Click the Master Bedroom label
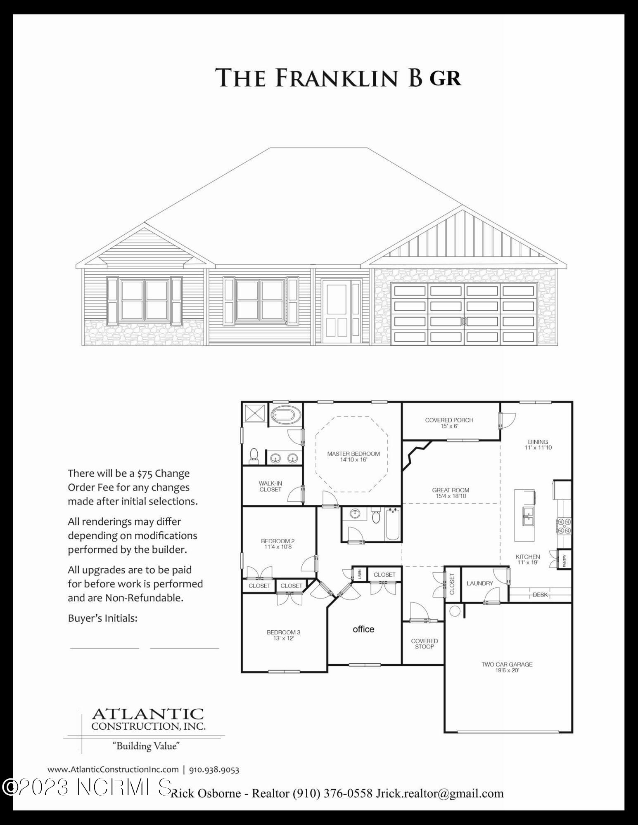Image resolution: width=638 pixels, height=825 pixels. pyautogui.click(x=353, y=456)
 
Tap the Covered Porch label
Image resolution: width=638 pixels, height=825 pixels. pyautogui.click(x=449, y=423)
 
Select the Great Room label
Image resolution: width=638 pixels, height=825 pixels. pyautogui.click(x=451, y=493)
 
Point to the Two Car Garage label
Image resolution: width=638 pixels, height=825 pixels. pyautogui.click(x=507, y=667)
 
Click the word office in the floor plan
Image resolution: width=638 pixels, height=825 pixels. pyautogui.click(x=363, y=629)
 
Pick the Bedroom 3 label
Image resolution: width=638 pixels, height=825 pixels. pyautogui.click(x=283, y=635)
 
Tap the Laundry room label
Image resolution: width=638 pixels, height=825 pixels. pyautogui.click(x=480, y=583)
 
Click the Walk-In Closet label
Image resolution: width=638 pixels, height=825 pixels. pyautogui.click(x=270, y=486)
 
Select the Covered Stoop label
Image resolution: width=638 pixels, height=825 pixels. pyautogui.click(x=424, y=643)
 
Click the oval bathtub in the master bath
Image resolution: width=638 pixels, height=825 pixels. pyautogui.click(x=287, y=414)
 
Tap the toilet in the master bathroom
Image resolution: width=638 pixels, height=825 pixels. pyautogui.click(x=254, y=455)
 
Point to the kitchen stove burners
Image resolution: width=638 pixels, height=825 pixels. pyautogui.click(x=564, y=526)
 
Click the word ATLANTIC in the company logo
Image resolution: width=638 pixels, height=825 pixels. pyautogui.click(x=148, y=714)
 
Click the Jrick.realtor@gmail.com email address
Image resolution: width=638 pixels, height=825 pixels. pyautogui.click(x=439, y=793)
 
